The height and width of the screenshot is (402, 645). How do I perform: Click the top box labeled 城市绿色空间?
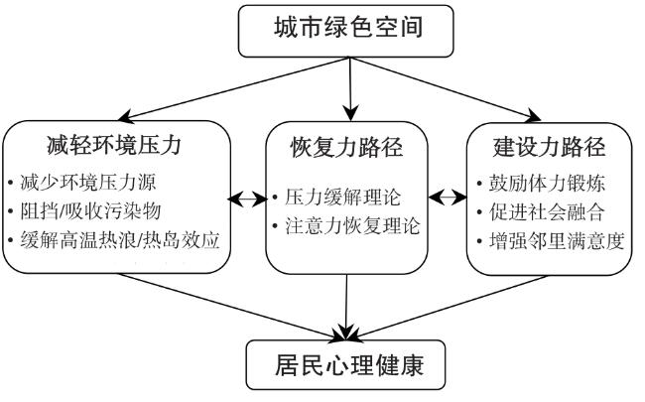346,31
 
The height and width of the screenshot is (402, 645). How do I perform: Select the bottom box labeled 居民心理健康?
346,365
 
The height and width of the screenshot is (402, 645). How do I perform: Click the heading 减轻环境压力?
114,145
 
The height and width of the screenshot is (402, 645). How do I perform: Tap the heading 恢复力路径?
346,147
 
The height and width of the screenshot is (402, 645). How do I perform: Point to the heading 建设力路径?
549,147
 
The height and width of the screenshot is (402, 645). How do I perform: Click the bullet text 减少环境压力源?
88,183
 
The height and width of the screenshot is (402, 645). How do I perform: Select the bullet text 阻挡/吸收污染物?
90,211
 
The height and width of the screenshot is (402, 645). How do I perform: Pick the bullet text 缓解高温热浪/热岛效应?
120,240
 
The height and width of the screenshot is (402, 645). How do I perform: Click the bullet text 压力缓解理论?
342,197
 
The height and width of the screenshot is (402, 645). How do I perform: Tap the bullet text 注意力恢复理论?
352,226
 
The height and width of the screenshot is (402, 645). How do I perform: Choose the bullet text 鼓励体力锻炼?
547,183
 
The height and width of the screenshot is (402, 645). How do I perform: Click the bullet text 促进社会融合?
547,212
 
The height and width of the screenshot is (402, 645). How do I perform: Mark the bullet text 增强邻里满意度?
557,241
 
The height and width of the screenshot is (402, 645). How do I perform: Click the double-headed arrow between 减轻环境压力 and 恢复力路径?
248,200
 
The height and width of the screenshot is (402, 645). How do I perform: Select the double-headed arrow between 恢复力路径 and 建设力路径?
448,198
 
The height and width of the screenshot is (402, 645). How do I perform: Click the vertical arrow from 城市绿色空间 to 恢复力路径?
350,89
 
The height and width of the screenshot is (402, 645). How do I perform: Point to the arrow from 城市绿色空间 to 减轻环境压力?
233,89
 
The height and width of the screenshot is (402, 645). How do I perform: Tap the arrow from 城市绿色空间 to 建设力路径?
446,89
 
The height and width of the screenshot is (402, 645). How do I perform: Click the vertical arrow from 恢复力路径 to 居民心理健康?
346,308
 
